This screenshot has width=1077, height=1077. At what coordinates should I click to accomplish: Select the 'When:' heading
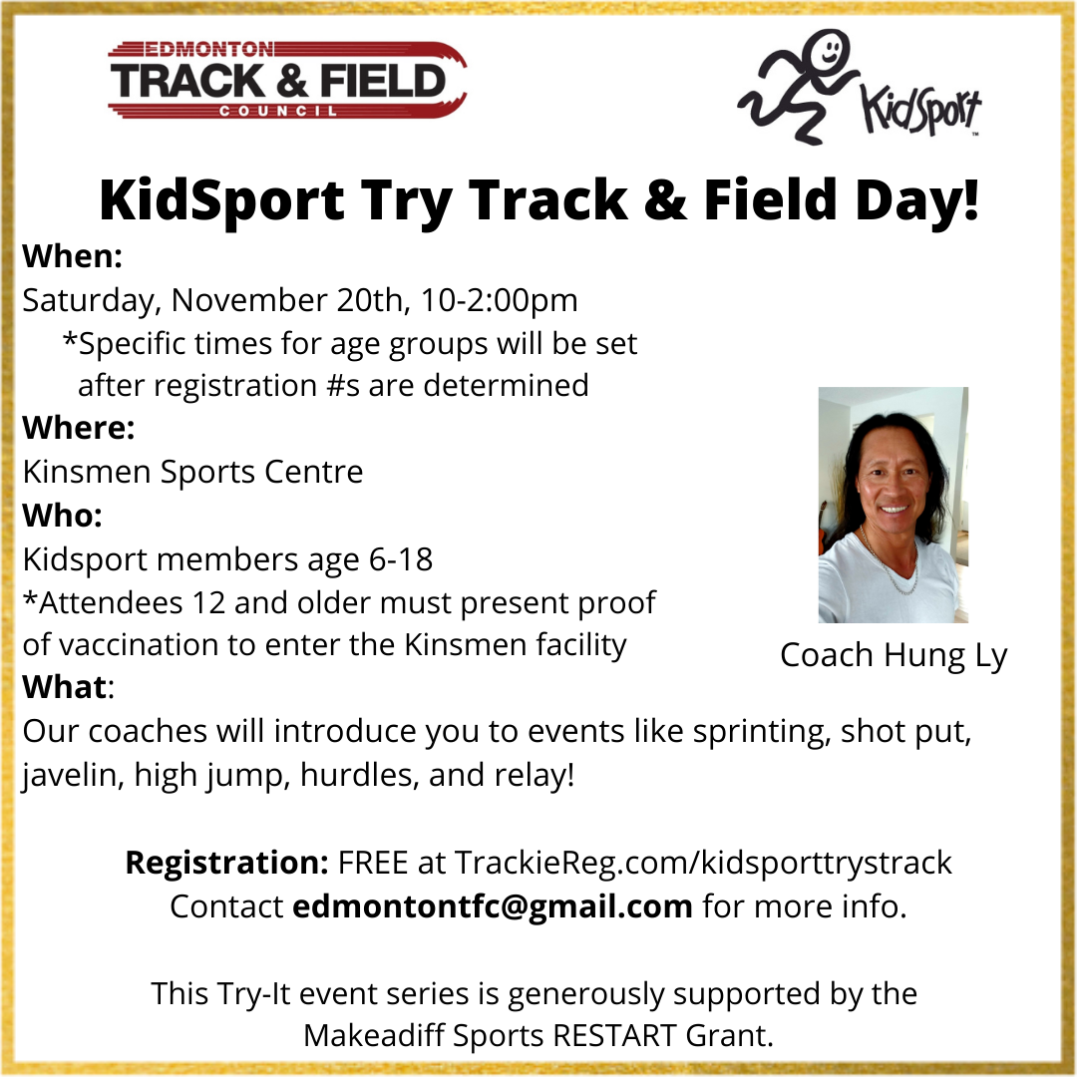(72, 256)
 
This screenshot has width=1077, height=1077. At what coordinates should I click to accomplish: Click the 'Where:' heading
(78, 428)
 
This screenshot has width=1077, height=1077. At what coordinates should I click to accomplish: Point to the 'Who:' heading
(62, 516)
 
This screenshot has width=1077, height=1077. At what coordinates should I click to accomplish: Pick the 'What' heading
(66, 687)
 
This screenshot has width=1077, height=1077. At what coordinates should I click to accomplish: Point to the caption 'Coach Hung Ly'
(894, 655)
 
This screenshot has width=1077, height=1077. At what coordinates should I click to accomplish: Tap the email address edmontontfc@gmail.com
(492, 906)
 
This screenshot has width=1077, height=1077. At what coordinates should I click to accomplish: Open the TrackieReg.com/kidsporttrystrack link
(703, 862)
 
